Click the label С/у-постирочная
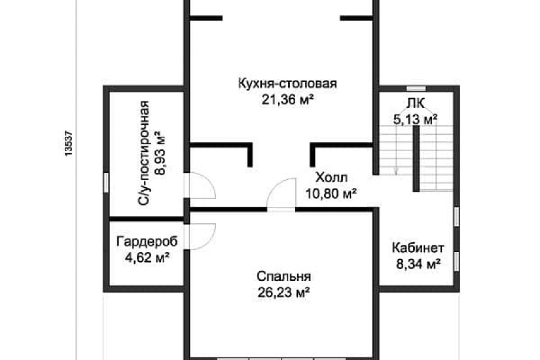coord(145,154)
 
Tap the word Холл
coord(332,177)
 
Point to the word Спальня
coord(283,276)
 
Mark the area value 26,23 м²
coord(283,292)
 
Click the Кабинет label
coord(418,249)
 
